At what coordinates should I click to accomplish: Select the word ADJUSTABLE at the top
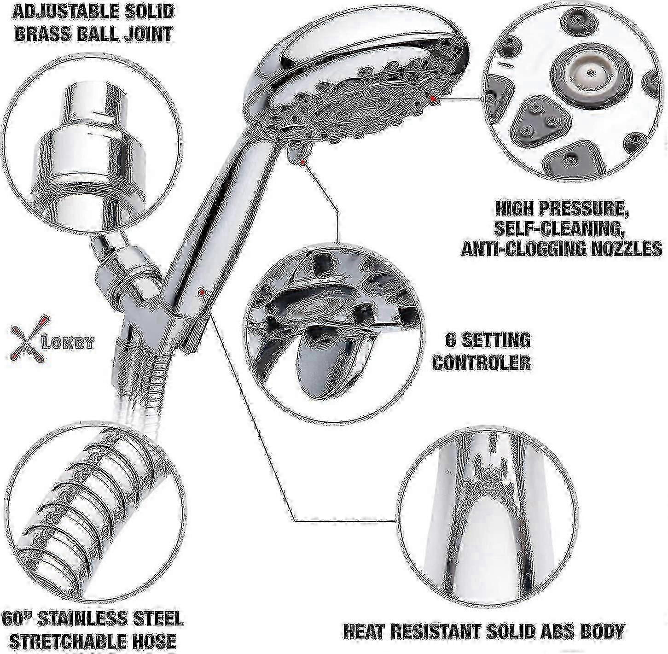54,12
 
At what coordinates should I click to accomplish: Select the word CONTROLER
482,362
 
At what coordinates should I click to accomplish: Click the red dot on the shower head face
433,98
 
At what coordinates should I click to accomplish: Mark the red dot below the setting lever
302,162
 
